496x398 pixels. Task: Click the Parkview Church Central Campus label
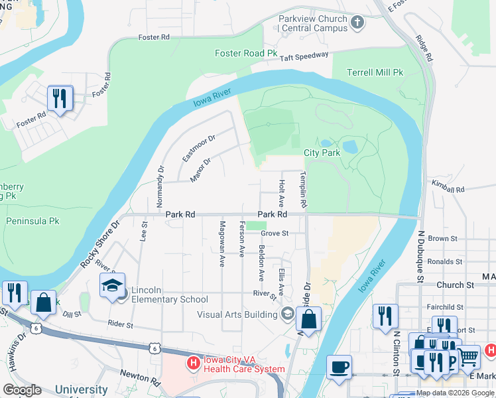pos(314,23)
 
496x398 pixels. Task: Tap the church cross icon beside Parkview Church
pos(358,23)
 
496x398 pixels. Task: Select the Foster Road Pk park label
pos(246,53)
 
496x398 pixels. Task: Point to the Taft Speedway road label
pos(304,57)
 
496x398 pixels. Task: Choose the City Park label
pos(322,153)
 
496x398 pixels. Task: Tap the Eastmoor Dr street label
pos(199,148)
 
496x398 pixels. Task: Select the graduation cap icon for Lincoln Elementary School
pos(112,285)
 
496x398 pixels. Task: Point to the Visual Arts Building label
pos(237,314)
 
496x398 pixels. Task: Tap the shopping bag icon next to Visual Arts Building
pos(308,319)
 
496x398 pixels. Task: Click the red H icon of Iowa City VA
pos(193,363)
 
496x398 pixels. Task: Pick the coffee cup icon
pos(339,366)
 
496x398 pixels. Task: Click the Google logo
pos(22,390)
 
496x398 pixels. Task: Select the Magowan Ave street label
pos(222,244)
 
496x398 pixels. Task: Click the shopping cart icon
pos(469,356)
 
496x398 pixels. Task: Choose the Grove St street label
pos(275,233)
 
